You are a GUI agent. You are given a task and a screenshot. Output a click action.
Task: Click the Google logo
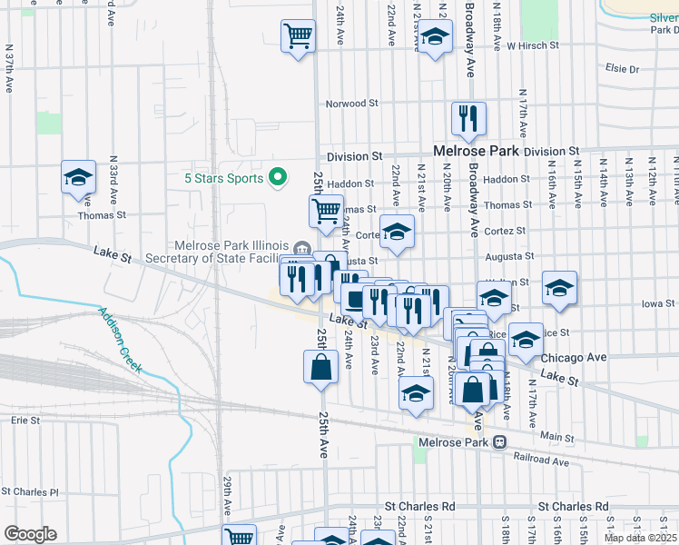[x=30, y=534]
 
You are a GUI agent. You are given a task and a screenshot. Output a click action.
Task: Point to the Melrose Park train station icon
[x=499, y=442]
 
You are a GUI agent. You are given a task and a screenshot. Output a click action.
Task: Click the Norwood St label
[x=352, y=104]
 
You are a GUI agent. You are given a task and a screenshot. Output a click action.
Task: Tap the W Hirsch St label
[x=536, y=45]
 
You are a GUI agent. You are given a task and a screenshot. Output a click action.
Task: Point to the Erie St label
[x=25, y=421]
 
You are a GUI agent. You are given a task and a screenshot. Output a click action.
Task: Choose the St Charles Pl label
[x=29, y=492]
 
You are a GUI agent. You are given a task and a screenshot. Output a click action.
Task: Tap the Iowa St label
[x=658, y=303]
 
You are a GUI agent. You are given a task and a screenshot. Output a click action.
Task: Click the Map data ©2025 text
[x=639, y=538]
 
